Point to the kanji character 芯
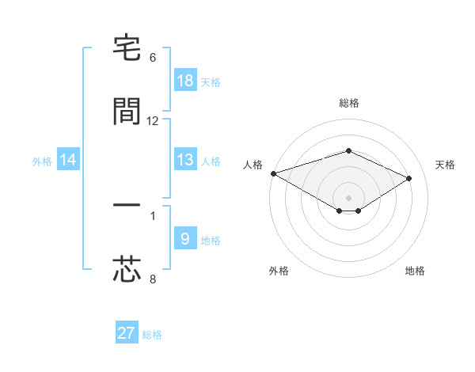(127, 269)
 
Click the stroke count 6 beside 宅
(153, 58)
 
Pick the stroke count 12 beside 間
(153, 121)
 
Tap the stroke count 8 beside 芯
(153, 279)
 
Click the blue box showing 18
(185, 81)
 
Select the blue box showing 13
(185, 160)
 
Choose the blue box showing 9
(185, 239)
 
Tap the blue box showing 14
(68, 160)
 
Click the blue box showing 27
(127, 333)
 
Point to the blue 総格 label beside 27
(152, 335)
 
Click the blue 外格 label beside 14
(42, 161)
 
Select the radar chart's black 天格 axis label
(445, 165)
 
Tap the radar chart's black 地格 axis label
(415, 271)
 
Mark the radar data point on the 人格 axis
(273, 173)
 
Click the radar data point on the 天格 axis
(409, 179)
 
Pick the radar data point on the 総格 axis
(349, 150)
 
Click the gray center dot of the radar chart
(349, 197)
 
